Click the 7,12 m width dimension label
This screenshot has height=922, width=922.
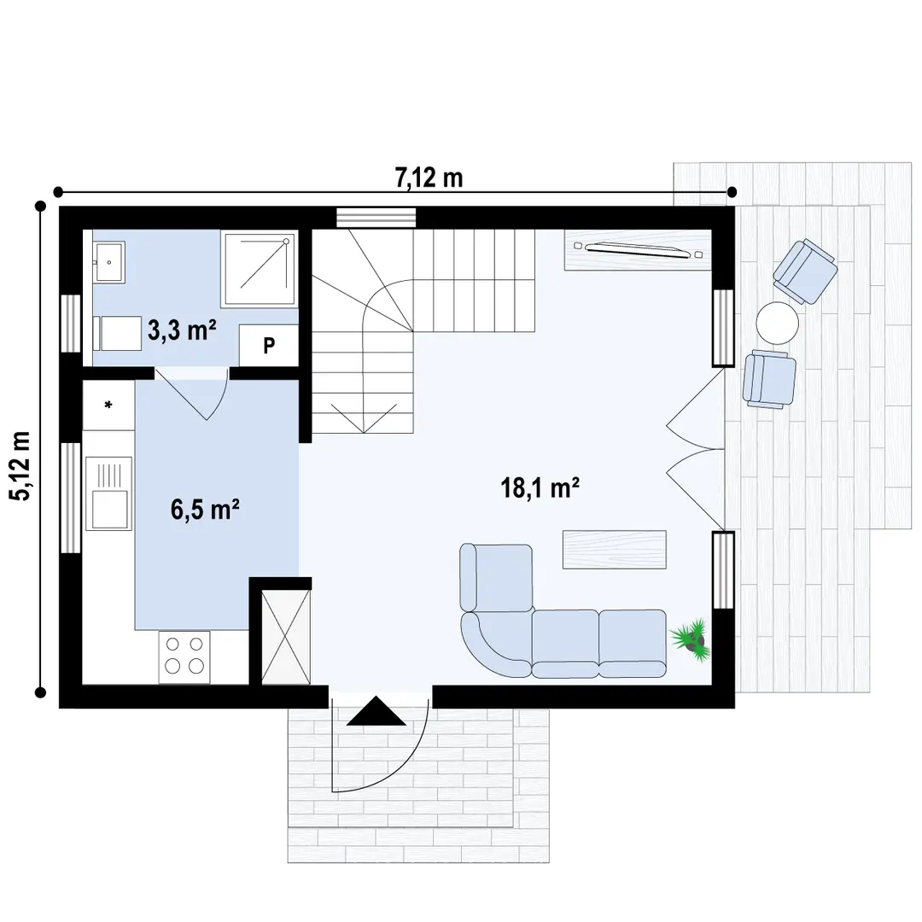[x=429, y=178]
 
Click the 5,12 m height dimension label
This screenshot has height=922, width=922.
[x=22, y=466]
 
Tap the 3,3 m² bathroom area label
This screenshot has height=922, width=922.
[x=182, y=330]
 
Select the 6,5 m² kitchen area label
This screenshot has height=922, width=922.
[x=205, y=509]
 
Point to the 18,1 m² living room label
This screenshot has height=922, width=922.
[x=540, y=487]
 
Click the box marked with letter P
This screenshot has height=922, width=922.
[x=268, y=345]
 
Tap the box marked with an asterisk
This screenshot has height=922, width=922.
[x=108, y=405]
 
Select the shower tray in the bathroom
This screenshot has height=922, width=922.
[x=258, y=268]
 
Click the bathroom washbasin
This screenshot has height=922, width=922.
[x=108, y=263]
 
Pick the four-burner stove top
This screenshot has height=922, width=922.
[x=184, y=656]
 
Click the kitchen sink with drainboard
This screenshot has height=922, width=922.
[x=108, y=493]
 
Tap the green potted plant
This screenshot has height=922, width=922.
[x=691, y=639]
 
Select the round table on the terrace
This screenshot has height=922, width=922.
[x=778, y=323]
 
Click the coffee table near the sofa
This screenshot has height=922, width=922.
[x=615, y=549]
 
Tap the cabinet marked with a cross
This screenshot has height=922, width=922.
[x=285, y=637]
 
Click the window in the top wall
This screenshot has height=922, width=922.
[x=376, y=217]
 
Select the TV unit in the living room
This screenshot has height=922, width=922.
[x=638, y=250]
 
